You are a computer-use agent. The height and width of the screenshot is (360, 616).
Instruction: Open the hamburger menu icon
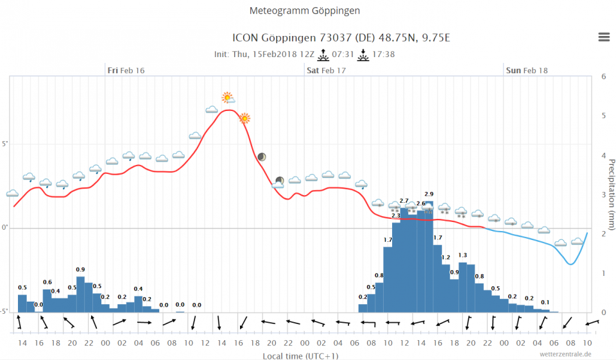(604, 37)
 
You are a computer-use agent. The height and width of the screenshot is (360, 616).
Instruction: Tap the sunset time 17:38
(383, 55)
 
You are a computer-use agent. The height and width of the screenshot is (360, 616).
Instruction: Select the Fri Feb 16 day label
(126, 70)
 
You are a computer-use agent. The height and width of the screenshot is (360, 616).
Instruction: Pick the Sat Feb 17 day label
(326, 70)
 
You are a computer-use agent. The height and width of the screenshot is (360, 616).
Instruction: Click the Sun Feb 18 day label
(526, 70)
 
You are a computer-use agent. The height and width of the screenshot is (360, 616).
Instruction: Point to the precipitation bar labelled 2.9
(429, 257)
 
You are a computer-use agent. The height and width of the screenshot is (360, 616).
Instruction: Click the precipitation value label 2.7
(404, 201)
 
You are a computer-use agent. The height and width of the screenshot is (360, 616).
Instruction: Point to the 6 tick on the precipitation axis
(603, 76)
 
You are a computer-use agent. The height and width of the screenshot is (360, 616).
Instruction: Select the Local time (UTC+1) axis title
(300, 356)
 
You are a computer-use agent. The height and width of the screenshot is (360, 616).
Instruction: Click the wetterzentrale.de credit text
(565, 354)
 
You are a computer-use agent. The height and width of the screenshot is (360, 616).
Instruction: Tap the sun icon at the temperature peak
(227, 98)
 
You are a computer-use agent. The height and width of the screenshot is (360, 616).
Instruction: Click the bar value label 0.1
(545, 302)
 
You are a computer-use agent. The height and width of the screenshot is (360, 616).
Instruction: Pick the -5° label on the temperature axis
(4, 312)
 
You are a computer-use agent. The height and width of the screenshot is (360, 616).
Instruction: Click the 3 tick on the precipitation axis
(603, 194)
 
